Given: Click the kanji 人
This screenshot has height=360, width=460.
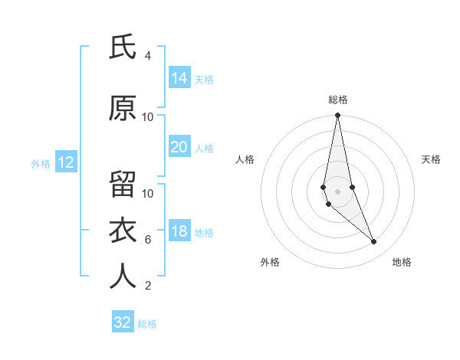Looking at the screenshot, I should [123, 277].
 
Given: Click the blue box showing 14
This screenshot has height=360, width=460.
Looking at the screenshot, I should [179, 78].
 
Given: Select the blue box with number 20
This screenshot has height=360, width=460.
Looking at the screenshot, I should [179, 147].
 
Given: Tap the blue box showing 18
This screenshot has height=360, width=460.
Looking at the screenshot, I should [179, 232].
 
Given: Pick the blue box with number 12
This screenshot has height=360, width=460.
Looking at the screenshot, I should [65, 162].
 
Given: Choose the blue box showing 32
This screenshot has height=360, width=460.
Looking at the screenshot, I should [123, 322].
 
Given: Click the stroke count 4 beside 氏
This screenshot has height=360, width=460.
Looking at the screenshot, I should [148, 56].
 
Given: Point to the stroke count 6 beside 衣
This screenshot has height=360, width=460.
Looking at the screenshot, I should [148, 240].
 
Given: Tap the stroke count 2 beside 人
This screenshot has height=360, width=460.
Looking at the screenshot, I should [148, 286].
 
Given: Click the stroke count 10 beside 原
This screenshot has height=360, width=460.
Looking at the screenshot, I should [148, 117].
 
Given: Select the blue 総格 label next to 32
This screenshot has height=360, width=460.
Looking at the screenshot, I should [147, 324].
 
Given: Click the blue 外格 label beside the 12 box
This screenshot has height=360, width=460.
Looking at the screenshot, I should [41, 163].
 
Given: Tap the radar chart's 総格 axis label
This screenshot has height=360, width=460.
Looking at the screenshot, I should [337, 100].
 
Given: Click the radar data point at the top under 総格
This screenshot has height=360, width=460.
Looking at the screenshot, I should [337, 116].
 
